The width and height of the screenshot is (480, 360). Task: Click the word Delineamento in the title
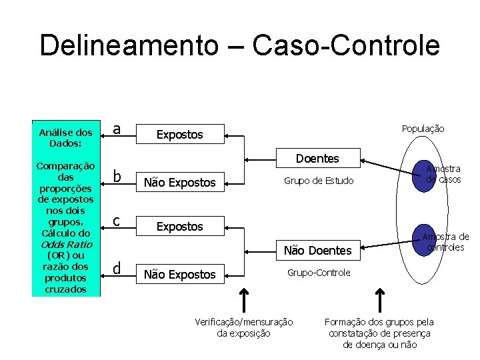pyautogui.click(x=129, y=45)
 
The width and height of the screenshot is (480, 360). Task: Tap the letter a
pyautogui.click(x=117, y=129)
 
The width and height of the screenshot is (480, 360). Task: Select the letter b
pyautogui.click(x=117, y=177)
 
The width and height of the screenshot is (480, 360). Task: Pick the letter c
pyautogui.click(x=117, y=221)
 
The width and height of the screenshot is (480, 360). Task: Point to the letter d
pyautogui.click(x=117, y=268)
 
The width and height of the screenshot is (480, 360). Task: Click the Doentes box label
pyautogui.click(x=317, y=159)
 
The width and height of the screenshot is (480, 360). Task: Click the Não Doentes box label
pyautogui.click(x=317, y=251)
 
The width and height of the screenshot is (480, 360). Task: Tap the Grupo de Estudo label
pyautogui.click(x=319, y=181)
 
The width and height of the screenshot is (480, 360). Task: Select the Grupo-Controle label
pyautogui.click(x=319, y=273)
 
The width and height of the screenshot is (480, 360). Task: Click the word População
pyautogui.click(x=423, y=129)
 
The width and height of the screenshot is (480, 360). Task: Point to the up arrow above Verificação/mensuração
pyautogui.click(x=245, y=299)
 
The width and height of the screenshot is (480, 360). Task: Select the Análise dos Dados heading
pyautogui.click(x=65, y=137)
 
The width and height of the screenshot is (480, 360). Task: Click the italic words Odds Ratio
pyautogui.click(x=65, y=245)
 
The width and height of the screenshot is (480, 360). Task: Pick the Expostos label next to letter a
pyautogui.click(x=179, y=135)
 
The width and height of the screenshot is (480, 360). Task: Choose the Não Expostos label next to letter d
pyautogui.click(x=180, y=274)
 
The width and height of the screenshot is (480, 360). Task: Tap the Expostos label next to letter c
pyautogui.click(x=179, y=227)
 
